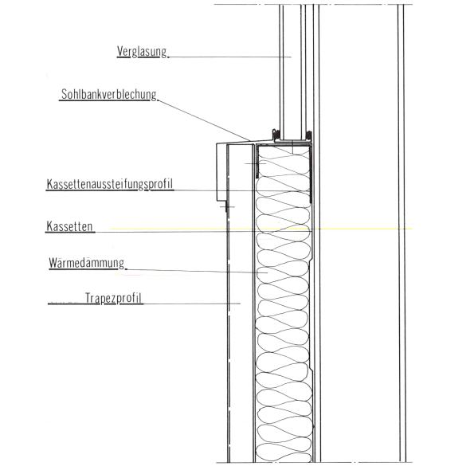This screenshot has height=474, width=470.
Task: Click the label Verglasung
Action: [x=142, y=52]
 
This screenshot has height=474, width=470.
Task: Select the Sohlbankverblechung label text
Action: [x=109, y=95]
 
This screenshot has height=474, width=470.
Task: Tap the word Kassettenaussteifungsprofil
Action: [x=110, y=184]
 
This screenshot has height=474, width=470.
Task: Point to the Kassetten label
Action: [x=69, y=226]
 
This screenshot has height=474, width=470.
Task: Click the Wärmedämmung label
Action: [x=87, y=263]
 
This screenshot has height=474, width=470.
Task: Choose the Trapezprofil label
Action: [x=113, y=299]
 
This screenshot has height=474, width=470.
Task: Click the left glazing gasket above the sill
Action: [x=276, y=135]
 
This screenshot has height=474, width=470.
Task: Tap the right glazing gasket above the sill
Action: [x=308, y=135]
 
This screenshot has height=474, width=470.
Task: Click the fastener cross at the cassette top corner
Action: [x=257, y=163]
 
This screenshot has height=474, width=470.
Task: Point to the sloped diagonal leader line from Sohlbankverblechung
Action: [x=204, y=120]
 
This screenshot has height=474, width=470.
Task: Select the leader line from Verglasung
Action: [x=229, y=57]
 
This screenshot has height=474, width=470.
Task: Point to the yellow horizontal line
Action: [x=261, y=229]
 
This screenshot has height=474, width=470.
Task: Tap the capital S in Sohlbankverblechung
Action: [x=64, y=94]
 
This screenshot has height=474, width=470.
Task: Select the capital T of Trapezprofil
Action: [x=88, y=298]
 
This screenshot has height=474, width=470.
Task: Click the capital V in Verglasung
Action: [x=120, y=51]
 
